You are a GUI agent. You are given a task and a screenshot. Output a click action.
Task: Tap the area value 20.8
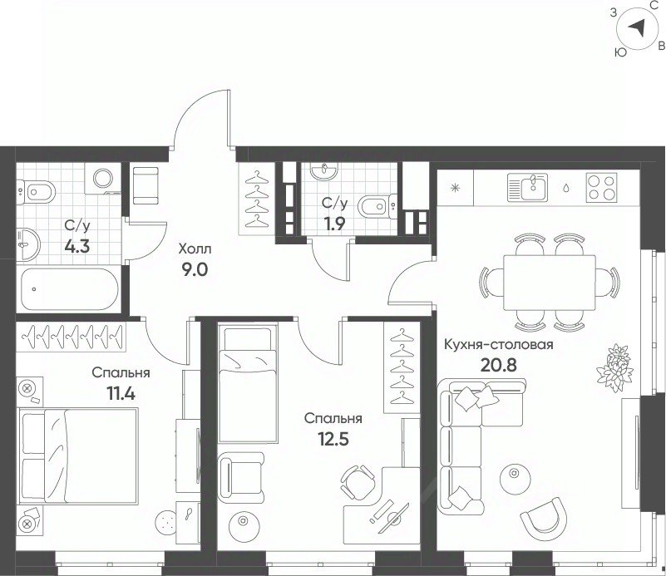498,365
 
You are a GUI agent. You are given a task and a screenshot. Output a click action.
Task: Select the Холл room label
195,249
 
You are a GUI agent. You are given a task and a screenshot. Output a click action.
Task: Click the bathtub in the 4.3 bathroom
68,288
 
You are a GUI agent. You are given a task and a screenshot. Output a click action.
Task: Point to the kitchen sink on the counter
528,188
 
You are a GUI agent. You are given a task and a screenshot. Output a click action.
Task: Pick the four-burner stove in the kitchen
601,188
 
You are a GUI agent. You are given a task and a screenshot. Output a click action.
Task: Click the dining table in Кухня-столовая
550,283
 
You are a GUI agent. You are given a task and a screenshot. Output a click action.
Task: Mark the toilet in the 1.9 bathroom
377,207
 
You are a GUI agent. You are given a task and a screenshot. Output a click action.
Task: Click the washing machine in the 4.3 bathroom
103,178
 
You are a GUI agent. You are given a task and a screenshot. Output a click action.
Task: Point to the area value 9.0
195,269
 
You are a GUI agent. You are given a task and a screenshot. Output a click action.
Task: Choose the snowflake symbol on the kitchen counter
456,188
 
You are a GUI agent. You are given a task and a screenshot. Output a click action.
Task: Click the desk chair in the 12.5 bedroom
358,483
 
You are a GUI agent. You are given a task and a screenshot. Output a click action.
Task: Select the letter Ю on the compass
620,52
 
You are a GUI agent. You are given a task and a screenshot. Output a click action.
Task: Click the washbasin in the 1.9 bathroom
324,171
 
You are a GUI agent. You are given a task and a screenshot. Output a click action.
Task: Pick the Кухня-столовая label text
499,344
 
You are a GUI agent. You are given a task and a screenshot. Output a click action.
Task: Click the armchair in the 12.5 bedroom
241,476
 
